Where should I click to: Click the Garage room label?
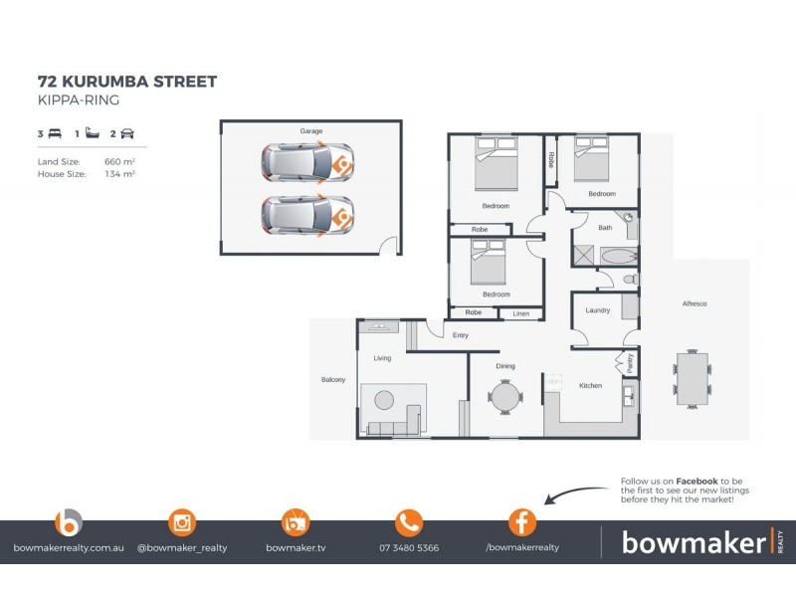click(311, 131)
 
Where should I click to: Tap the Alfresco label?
click(694, 303)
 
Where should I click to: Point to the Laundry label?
click(597, 310)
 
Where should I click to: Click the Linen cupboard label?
click(521, 313)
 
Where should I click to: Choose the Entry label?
click(460, 335)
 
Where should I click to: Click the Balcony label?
click(332, 379)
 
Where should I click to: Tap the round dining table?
click(504, 398)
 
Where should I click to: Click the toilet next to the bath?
click(630, 281)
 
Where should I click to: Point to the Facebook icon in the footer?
click(522, 522)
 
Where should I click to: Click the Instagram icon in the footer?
click(182, 522)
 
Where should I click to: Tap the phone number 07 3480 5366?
click(409, 548)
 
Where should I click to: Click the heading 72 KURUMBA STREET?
click(126, 81)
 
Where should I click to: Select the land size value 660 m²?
click(119, 160)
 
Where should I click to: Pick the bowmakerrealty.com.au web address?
click(69, 548)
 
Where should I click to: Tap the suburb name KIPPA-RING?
click(78, 100)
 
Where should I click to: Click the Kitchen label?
click(590, 386)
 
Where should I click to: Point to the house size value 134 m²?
click(119, 173)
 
